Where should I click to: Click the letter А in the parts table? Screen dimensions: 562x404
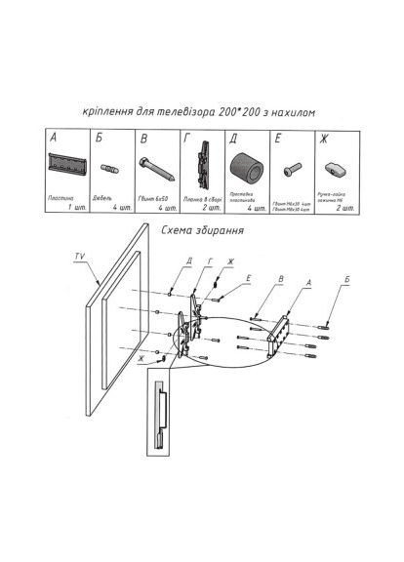pyautogui.click(x=55, y=139)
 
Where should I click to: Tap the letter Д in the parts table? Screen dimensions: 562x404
pyautogui.click(x=233, y=139)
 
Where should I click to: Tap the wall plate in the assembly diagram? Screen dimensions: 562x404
pyautogui.click(x=281, y=326)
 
